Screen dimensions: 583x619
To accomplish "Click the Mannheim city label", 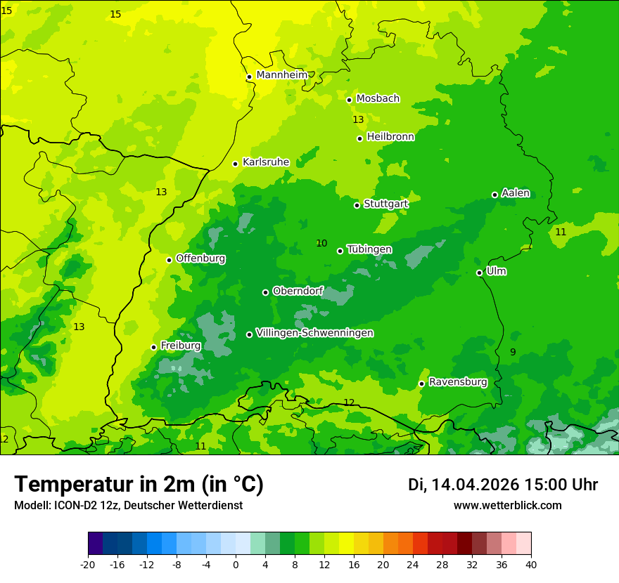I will [281, 74].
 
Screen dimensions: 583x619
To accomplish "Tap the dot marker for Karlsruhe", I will [236, 164].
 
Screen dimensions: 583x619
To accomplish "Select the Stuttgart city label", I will [385, 204].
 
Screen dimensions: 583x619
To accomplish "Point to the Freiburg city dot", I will [154, 347].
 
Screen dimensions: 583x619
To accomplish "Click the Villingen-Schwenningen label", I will [314, 333].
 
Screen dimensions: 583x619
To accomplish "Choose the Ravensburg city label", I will [457, 382].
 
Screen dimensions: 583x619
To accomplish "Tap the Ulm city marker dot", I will [480, 273].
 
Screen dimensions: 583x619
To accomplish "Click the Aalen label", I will [516, 193].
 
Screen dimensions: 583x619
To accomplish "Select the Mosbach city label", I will [378, 98].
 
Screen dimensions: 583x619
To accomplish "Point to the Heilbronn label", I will [390, 137].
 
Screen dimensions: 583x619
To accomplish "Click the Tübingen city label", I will [369, 249].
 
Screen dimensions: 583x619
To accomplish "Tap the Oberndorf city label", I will [298, 291].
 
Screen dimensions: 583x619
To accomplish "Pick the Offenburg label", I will [200, 258].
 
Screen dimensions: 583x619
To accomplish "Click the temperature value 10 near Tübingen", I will [321, 243].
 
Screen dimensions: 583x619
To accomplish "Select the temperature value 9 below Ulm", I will [513, 352].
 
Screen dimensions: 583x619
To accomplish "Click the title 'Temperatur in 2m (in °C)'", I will [139, 484].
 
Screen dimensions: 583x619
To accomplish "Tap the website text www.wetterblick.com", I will [507, 505].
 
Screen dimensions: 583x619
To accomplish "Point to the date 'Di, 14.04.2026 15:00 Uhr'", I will [503, 485].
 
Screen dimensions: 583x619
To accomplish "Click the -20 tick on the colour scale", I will [88, 564].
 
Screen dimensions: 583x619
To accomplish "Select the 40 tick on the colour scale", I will [531, 564].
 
